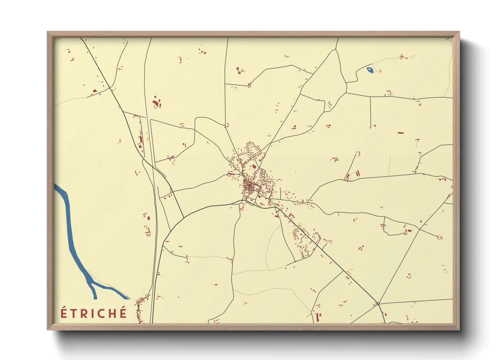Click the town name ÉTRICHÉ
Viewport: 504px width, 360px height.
click(x=94, y=313)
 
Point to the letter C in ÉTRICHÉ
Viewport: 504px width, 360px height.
click(x=101, y=313)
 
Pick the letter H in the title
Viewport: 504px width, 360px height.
click(x=112, y=313)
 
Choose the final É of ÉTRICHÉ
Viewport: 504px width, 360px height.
click(x=123, y=313)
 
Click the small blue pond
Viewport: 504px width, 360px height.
click(x=370, y=70)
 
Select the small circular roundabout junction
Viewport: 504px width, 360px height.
click(x=378, y=304)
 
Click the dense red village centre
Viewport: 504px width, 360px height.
click(x=250, y=185)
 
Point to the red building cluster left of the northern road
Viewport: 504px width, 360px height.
click(x=156, y=102)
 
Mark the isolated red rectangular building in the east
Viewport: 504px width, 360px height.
click(x=400, y=133)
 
